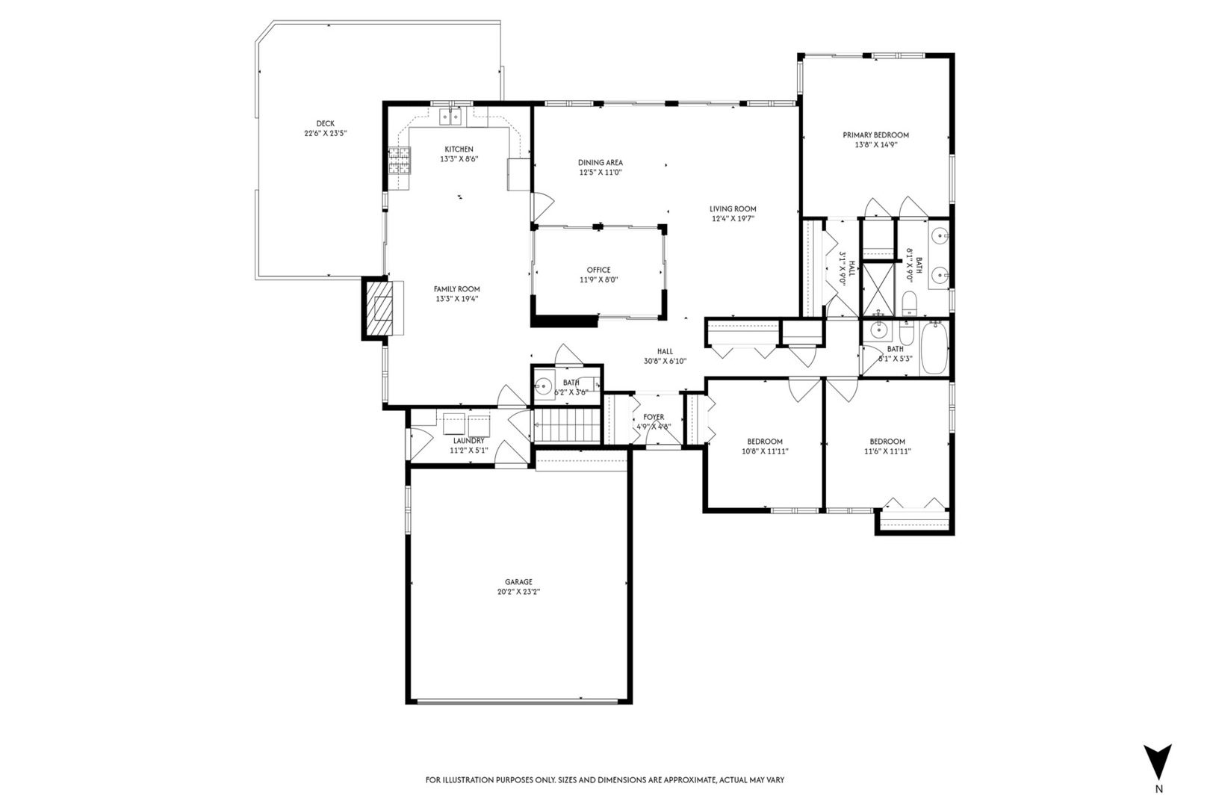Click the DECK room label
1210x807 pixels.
[325, 124]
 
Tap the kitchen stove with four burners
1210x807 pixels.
[400, 161]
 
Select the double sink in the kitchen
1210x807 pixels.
[450, 116]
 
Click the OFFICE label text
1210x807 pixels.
[598, 270]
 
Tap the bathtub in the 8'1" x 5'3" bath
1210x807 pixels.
[934, 348]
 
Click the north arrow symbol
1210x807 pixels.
[1158, 762]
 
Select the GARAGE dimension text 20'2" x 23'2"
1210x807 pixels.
[518, 592]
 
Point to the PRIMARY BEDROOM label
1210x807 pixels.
[875, 135]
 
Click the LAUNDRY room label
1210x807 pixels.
[468, 441]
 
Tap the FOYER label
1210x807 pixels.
[653, 418]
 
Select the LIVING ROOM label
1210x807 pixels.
[733, 209]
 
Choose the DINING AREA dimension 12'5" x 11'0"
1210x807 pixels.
[601, 173]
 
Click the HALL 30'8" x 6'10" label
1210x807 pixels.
[665, 361]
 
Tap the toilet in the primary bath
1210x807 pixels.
[909, 303]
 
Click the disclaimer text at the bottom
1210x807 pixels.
[604, 780]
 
